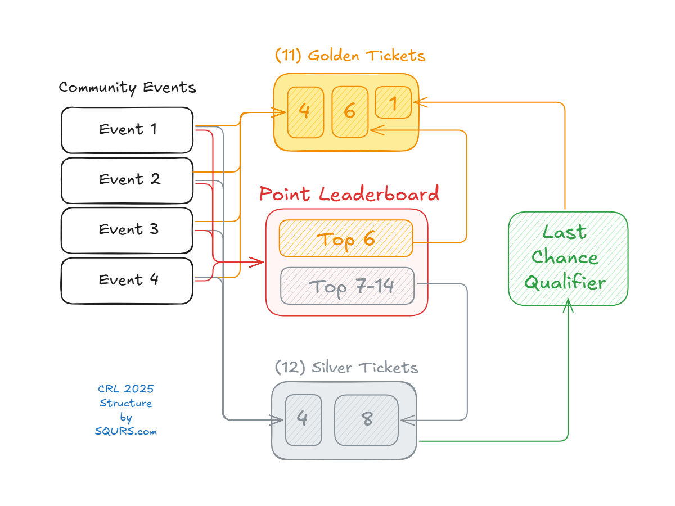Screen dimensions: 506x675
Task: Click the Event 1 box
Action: click(x=127, y=130)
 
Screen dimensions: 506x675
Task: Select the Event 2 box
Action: click(x=127, y=180)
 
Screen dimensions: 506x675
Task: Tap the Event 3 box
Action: click(x=127, y=230)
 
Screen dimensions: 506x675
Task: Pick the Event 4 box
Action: click(x=127, y=280)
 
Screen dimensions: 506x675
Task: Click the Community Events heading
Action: click(x=128, y=88)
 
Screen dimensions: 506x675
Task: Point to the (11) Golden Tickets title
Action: click(x=350, y=56)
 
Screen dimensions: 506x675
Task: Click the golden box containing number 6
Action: click(x=349, y=111)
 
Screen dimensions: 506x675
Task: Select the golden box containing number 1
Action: click(x=393, y=102)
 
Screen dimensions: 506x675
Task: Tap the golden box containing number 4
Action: click(x=305, y=112)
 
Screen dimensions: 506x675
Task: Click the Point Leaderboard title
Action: click(x=349, y=194)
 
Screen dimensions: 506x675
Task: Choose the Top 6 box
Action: click(x=346, y=238)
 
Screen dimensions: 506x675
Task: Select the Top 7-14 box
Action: click(x=347, y=286)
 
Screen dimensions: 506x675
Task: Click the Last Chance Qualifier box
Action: click(x=568, y=258)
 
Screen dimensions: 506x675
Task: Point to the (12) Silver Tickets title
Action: click(x=346, y=368)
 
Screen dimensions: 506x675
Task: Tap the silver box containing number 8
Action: click(x=367, y=419)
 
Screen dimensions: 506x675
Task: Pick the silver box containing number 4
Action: click(x=303, y=419)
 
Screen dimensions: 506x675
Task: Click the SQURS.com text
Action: click(x=125, y=432)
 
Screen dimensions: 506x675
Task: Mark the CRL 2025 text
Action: click(x=125, y=388)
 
